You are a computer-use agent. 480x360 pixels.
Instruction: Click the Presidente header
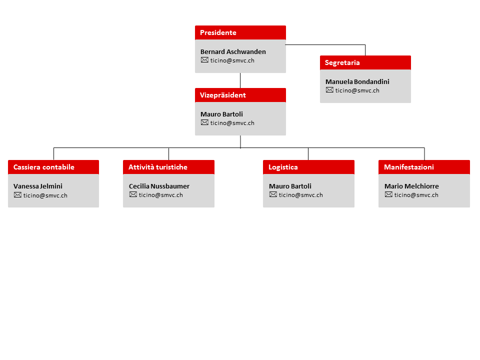pyautogui.click(x=240, y=32)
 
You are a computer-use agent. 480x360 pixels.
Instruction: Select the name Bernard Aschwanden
pyautogui.click(x=233, y=51)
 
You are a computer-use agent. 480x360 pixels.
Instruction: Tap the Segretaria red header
pyautogui.click(x=365, y=62)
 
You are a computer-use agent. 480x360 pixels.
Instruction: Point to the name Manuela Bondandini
pyautogui.click(x=357, y=81)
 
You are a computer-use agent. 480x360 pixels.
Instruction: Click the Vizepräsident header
pyautogui.click(x=240, y=95)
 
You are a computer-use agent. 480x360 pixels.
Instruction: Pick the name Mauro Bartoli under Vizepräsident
pyautogui.click(x=221, y=114)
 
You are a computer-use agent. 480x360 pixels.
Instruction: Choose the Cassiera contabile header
pyautogui.click(x=53, y=167)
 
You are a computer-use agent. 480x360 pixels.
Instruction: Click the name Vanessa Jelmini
pyautogui.click(x=38, y=186)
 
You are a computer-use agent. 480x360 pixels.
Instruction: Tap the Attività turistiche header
pyautogui.click(x=168, y=167)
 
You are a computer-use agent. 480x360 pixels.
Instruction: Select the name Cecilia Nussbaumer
pyautogui.click(x=159, y=186)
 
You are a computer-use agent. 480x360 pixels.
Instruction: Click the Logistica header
pyautogui.click(x=308, y=167)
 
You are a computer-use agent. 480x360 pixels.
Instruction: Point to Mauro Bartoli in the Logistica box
pyautogui.click(x=290, y=186)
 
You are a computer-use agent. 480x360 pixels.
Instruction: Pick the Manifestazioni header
pyautogui.click(x=424, y=167)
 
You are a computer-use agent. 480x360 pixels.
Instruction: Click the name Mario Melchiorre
pyautogui.click(x=411, y=186)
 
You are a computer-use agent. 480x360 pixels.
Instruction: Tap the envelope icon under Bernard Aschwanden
pyautogui.click(x=204, y=60)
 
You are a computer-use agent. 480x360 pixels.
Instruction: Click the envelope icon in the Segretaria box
pyautogui.click(x=329, y=90)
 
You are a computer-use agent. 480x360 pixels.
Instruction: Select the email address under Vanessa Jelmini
pyautogui.click(x=45, y=195)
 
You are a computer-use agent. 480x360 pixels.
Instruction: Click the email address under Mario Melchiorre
pyautogui.click(x=416, y=195)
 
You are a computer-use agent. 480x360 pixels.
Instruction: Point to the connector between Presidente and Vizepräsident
pyautogui.click(x=240, y=80)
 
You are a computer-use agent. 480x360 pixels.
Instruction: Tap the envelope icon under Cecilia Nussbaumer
pyautogui.click(x=133, y=194)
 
